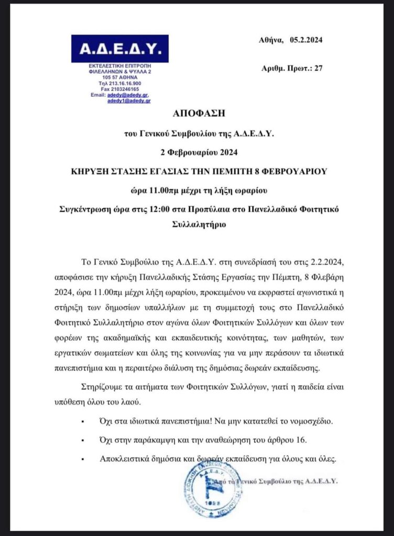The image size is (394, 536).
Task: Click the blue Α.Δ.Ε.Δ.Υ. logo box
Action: point(120,49)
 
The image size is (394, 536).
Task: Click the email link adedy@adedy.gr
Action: point(128,95)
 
